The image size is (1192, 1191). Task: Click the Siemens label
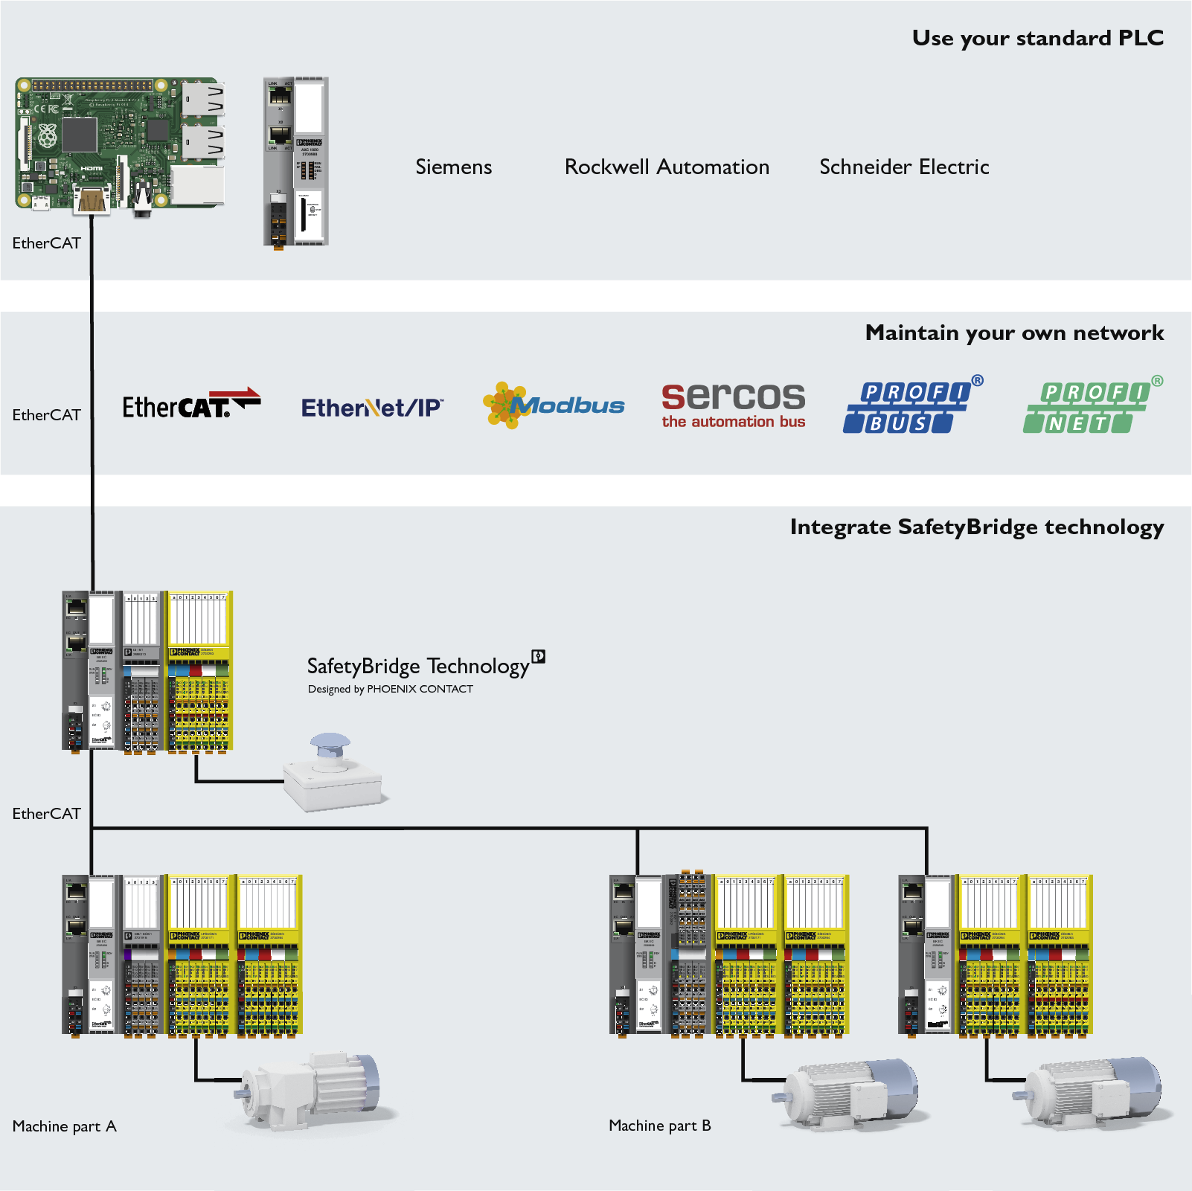453,167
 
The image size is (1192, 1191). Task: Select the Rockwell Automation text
667,167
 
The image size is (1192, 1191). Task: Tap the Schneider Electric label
904,167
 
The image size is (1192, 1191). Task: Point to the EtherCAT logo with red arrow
191,404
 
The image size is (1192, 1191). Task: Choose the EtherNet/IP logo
372,408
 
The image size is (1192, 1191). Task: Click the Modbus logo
554,405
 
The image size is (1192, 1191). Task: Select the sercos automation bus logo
733,405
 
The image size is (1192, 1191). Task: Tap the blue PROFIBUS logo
912,405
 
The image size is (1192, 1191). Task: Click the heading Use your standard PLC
1037,38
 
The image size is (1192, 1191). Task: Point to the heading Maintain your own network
1014,333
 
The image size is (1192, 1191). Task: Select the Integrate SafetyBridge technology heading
976,527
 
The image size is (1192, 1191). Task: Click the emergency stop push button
333,774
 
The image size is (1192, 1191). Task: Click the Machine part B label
659,1126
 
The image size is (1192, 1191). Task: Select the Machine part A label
64,1126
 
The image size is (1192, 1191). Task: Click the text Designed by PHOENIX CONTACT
390,689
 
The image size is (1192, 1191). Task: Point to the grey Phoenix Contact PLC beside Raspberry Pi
296,161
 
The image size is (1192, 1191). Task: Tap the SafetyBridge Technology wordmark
418,666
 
